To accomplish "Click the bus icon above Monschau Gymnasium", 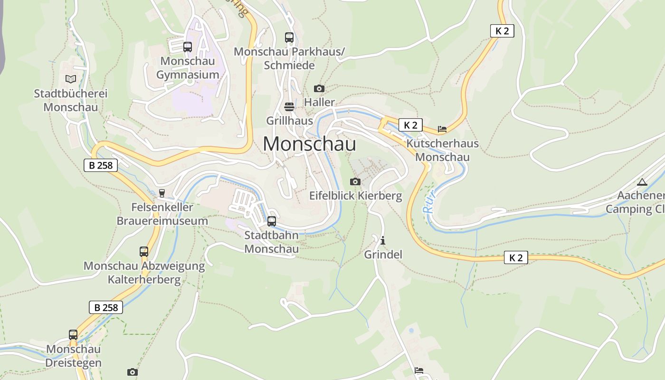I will tap(188, 47).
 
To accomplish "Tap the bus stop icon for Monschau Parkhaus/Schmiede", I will tap(289, 37).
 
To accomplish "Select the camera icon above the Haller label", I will tap(319, 88).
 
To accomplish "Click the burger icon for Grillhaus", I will tap(289, 106).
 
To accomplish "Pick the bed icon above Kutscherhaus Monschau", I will tap(442, 129).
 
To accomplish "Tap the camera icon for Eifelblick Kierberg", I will tap(355, 181).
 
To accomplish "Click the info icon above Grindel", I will tap(383, 240).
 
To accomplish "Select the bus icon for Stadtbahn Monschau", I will tap(271, 221).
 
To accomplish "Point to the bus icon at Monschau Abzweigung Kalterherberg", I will tap(143, 252).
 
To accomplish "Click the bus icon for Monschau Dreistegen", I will tap(73, 335).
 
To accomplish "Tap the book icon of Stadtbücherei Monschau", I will tap(70, 79).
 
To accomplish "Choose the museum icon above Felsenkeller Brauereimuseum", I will tap(162, 193).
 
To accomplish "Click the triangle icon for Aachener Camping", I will tap(642, 181).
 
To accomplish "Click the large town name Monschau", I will tap(309, 144).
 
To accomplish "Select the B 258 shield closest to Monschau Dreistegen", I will tap(106, 307).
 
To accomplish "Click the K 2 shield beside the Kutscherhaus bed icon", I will tap(410, 125).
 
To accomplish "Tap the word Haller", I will tap(319, 102).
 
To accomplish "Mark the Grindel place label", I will tap(383, 255).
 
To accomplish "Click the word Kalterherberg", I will tap(144, 279).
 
